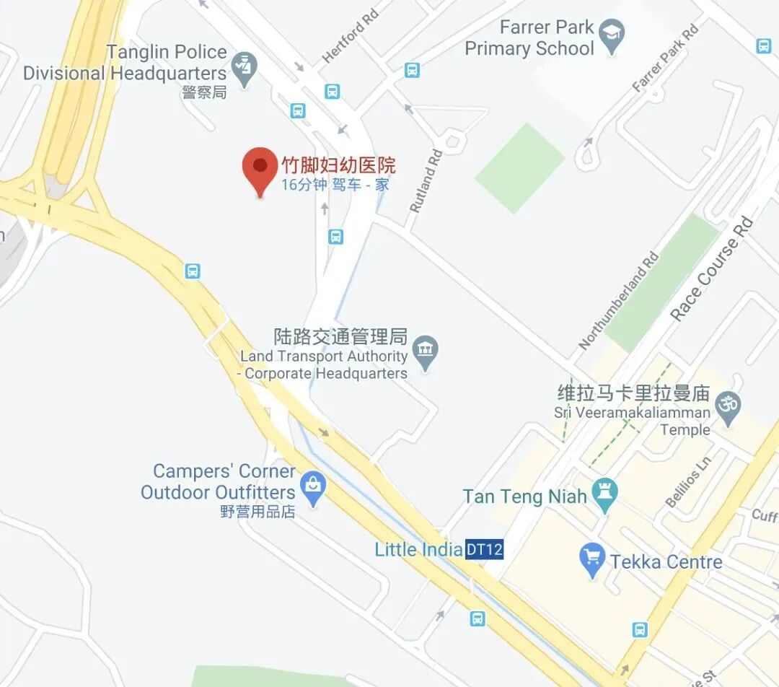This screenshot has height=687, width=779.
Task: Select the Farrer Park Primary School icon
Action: (x=612, y=38)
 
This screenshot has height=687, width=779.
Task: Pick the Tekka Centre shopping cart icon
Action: (x=591, y=560)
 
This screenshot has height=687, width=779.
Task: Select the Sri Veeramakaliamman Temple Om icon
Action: (x=728, y=405)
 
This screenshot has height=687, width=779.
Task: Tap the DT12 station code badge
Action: (x=484, y=550)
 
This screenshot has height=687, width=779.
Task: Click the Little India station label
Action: (x=418, y=550)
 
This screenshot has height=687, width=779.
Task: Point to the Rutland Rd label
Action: (x=426, y=180)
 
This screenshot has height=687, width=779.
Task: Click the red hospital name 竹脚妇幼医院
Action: (x=338, y=165)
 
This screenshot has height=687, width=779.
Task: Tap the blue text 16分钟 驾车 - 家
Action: (x=335, y=185)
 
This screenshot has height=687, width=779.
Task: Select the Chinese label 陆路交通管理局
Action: (x=340, y=336)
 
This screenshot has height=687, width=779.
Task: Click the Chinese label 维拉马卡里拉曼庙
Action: (x=634, y=394)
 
